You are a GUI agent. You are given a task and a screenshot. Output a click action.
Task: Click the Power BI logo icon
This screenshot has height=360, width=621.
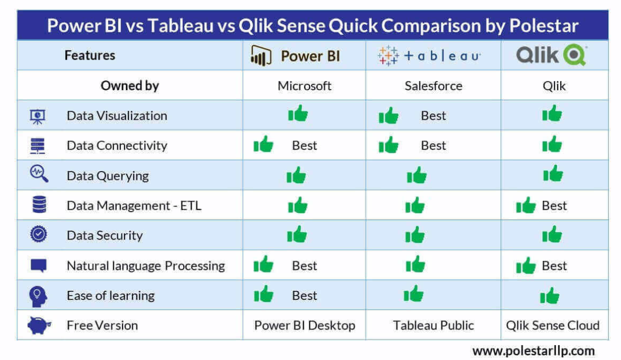(x=261, y=56)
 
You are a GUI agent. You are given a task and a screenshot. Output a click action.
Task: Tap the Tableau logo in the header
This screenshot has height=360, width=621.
(x=429, y=55)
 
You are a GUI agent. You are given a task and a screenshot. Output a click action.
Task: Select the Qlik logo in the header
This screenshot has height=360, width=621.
(x=551, y=55)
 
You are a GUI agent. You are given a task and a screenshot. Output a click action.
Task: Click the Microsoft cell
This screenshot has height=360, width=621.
(x=304, y=86)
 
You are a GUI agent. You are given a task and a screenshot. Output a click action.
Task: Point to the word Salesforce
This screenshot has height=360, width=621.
(x=433, y=86)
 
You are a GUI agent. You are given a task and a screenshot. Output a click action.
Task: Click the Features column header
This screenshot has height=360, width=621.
(x=90, y=55)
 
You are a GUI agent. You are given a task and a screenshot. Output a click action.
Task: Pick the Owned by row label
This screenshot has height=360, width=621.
(x=130, y=86)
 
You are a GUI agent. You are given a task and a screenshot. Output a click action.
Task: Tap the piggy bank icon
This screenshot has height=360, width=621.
(x=39, y=325)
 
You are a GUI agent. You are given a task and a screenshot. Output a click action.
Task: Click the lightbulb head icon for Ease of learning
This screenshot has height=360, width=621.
(x=38, y=296)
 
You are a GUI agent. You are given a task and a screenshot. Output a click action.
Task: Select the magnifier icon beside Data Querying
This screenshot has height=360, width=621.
(x=39, y=174)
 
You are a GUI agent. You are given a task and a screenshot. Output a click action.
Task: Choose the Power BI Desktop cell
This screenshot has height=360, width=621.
(x=305, y=325)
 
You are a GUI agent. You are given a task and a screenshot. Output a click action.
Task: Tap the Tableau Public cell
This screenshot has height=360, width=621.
(x=433, y=325)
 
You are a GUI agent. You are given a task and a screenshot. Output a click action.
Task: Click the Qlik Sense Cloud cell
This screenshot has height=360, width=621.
(x=552, y=325)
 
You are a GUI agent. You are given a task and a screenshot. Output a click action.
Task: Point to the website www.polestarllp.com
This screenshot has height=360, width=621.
(x=533, y=351)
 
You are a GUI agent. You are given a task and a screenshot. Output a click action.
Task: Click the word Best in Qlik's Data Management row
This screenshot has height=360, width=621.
(x=554, y=205)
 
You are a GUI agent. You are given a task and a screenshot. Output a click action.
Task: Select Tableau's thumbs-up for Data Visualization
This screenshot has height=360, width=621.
(x=388, y=115)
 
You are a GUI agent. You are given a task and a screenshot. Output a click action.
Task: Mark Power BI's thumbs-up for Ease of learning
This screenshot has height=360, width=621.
(x=264, y=294)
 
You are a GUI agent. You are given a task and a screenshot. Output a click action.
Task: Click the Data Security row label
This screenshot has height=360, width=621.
(x=105, y=235)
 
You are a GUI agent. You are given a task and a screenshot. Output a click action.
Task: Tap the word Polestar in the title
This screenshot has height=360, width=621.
(x=544, y=26)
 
